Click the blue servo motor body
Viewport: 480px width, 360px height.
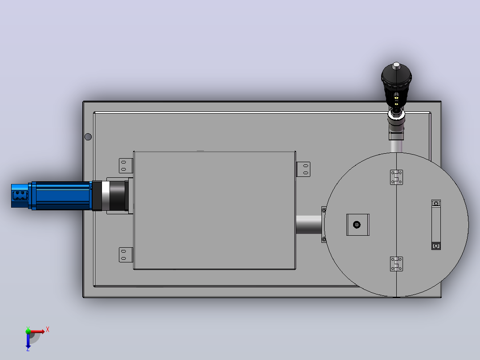point(61,196)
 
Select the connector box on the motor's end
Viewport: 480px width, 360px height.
point(20,196)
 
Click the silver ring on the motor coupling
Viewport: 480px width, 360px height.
point(106,196)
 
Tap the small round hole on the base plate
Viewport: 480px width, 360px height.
point(88,137)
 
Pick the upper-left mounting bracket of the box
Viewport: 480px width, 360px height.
point(126,166)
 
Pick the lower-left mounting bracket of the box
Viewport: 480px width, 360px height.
point(126,254)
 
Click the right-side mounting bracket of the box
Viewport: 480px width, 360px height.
point(303,169)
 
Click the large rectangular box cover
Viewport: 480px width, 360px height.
point(215,210)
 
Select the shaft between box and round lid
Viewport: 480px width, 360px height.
point(309,225)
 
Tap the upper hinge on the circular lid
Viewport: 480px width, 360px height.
point(396,177)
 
